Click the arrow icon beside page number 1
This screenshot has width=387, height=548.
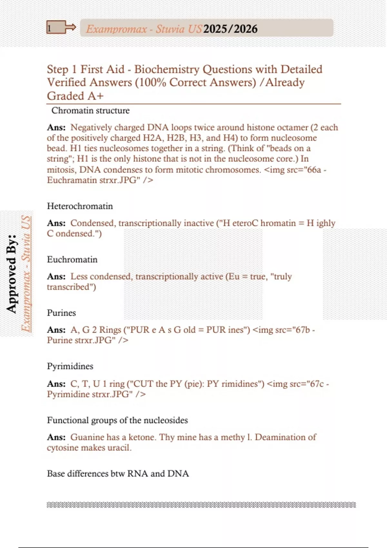coord(70,28)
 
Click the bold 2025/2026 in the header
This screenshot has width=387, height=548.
coord(230,29)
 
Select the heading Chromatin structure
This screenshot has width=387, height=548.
coord(90,111)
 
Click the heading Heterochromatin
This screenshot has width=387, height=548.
coord(80,206)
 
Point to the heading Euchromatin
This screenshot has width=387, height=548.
coord(72,259)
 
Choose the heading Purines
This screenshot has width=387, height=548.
coord(61,313)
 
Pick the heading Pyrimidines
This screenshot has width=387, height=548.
coord(70,366)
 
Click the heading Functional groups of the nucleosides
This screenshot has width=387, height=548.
coord(117,420)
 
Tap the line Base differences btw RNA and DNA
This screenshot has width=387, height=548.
coord(118,474)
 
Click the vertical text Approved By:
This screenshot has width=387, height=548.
coord(11,273)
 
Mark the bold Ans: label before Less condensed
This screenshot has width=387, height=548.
coord(56,277)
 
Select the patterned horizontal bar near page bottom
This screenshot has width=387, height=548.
coord(201,505)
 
